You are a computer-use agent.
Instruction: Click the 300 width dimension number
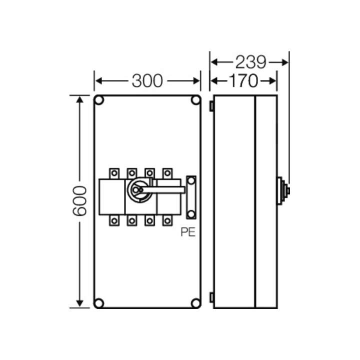pyautogui.click(x=147, y=81)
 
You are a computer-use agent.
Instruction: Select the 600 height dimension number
pyautogui.click(x=79, y=201)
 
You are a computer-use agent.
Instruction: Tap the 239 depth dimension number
pyautogui.click(x=250, y=62)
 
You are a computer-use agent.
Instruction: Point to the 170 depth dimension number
pyautogui.click(x=243, y=81)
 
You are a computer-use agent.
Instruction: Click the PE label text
pyautogui.click(x=188, y=232)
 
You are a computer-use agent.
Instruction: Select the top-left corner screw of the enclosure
pyautogui.click(x=99, y=100)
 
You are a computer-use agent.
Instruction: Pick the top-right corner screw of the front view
pyautogui.click(x=195, y=100)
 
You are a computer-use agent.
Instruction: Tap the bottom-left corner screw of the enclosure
pyautogui.click(x=99, y=303)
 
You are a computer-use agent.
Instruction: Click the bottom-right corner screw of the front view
pyautogui.click(x=195, y=303)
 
